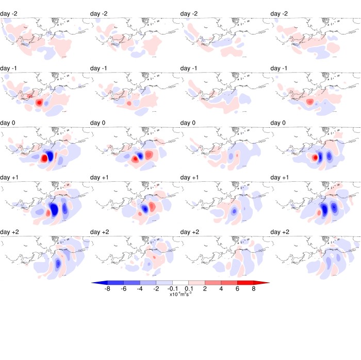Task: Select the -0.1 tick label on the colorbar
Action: coord(172,289)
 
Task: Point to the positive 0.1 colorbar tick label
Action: coord(189,289)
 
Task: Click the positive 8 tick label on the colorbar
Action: coord(253,289)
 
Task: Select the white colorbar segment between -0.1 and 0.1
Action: coord(180,283)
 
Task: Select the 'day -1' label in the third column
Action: coord(192,68)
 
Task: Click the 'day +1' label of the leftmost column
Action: coord(11,177)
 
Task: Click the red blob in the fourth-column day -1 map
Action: coord(309,102)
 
